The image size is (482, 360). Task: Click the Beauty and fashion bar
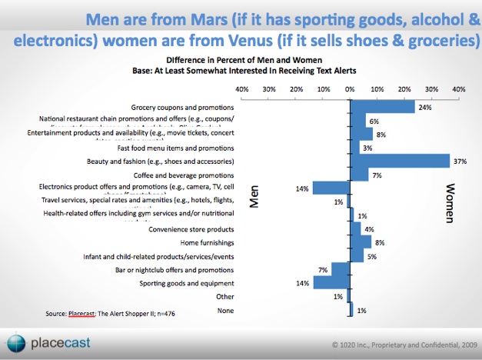[x=400, y=161]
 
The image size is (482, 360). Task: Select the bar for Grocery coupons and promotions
[x=382, y=107]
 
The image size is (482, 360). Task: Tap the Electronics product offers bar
[x=331, y=188]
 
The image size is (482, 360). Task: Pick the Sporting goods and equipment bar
[x=331, y=282]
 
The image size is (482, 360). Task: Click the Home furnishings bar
[x=361, y=242]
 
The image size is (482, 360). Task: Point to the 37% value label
[x=460, y=162]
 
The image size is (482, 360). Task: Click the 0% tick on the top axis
[x=350, y=89]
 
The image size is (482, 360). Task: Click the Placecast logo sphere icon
[x=15, y=342]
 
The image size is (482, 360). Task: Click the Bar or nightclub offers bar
[x=340, y=269]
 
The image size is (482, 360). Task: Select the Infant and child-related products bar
[x=357, y=255]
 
